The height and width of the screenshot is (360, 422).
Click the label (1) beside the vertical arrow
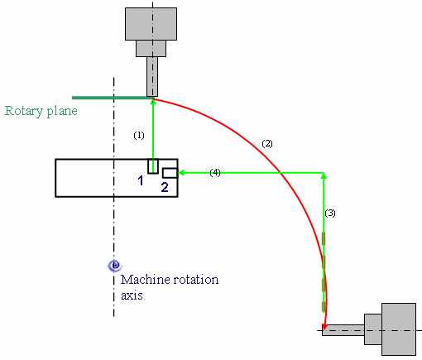pos(139,135)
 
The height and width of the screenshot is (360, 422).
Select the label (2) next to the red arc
pos(267,143)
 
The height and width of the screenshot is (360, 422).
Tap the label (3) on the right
pos(330,214)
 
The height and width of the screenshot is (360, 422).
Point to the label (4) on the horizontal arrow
pos(215,173)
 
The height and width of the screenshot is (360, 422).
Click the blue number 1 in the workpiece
pos(141,180)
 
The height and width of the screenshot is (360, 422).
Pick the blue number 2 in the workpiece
pos(165,187)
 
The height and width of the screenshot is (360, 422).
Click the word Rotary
pos(24,111)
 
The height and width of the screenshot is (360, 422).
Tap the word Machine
pos(145,280)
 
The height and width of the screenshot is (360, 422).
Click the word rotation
pos(195,280)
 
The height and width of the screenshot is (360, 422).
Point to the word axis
pos(132,295)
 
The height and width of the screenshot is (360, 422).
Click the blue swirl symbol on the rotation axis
pos(115,266)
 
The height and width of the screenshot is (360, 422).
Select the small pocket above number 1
pos(153,166)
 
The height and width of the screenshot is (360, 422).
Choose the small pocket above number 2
pos(170,173)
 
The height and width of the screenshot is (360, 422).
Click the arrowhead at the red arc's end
pos(324,326)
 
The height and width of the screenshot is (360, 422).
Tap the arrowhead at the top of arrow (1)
pos(153,102)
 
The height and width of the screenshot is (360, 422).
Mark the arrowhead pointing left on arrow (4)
pos(181,173)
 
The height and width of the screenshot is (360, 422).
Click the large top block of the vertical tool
pos(151,24)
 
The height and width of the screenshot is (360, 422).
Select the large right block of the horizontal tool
pos(399,329)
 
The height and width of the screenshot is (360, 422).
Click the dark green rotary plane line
pos(113,98)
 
